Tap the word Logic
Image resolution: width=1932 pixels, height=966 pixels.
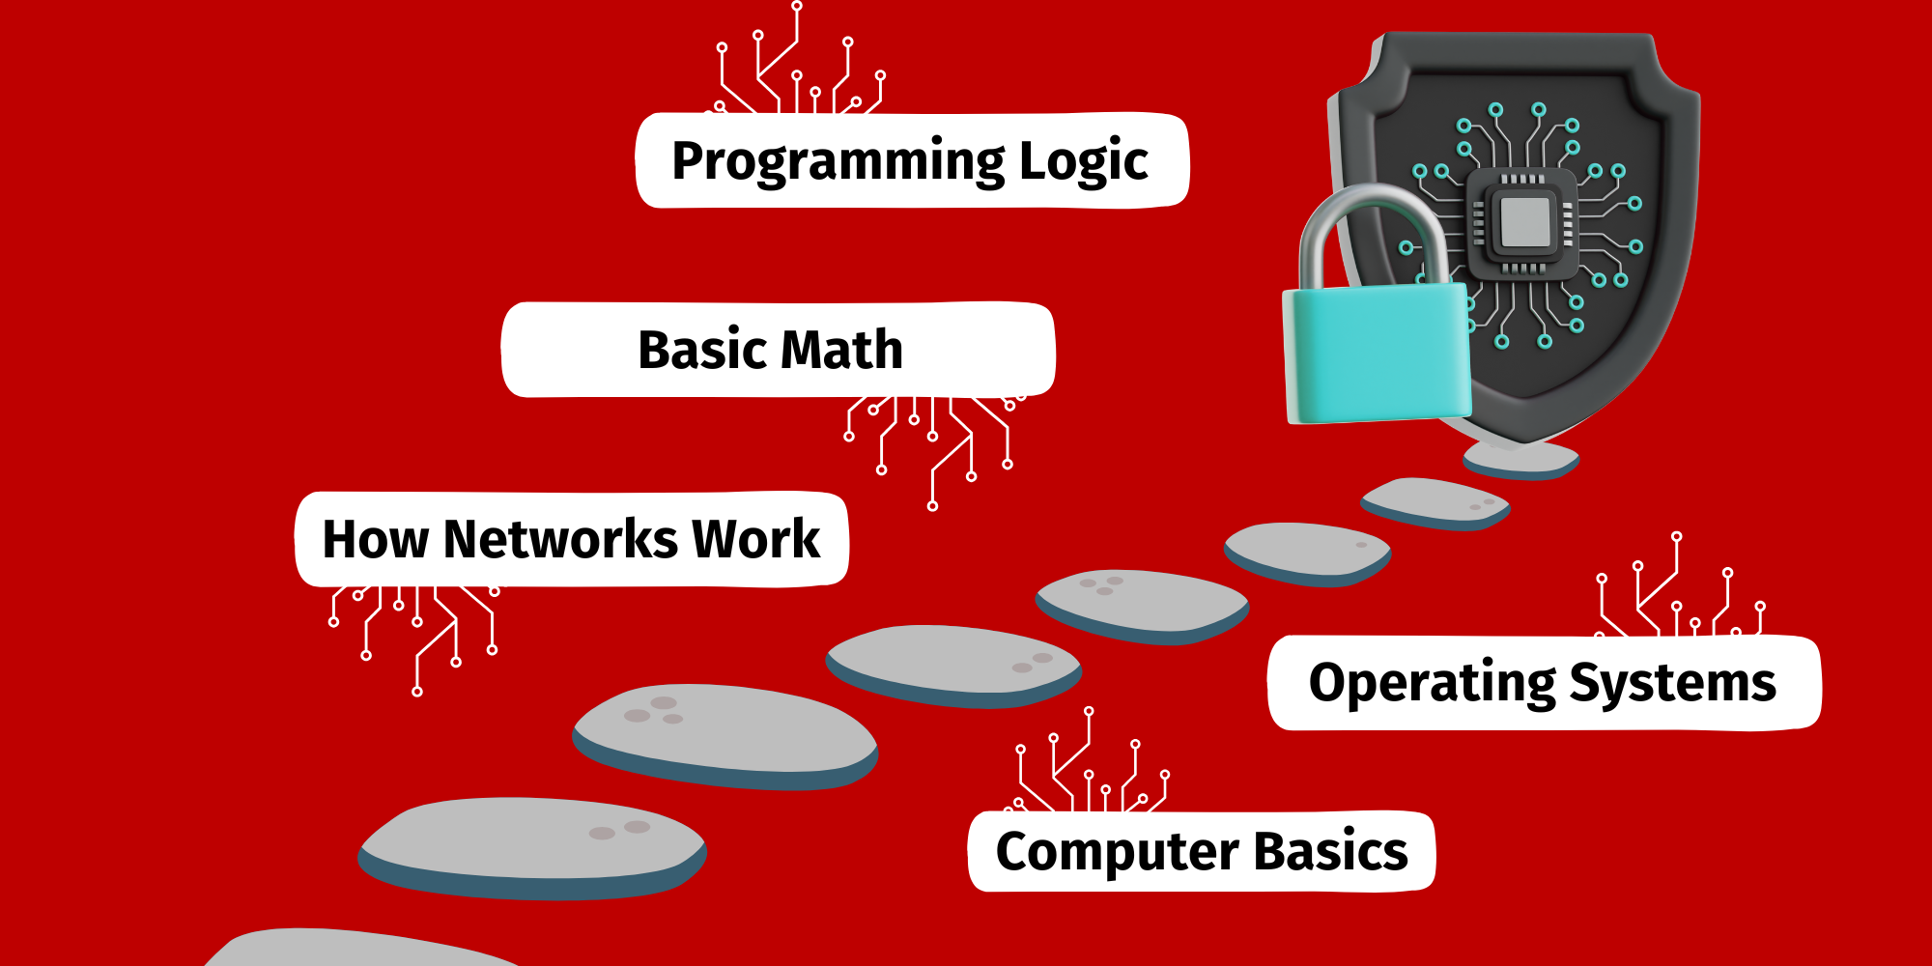click(x=1083, y=161)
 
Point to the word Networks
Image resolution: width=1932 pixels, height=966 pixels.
click(x=560, y=539)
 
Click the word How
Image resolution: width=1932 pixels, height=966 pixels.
click(x=375, y=539)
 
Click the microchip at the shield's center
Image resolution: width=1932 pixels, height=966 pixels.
click(x=1524, y=221)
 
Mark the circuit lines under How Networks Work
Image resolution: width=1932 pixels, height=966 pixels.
click(x=415, y=628)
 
